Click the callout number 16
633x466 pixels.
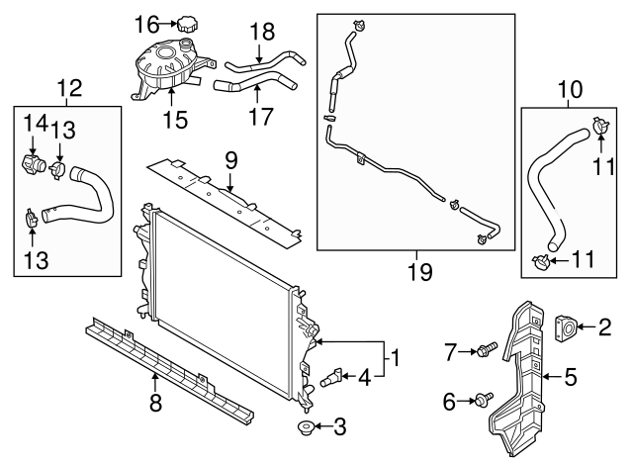[145, 25]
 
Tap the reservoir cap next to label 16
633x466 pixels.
[187, 23]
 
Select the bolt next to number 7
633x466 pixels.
[487, 349]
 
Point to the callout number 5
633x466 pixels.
[570, 375]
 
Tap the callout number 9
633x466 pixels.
[229, 157]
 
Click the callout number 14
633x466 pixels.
[35, 123]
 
